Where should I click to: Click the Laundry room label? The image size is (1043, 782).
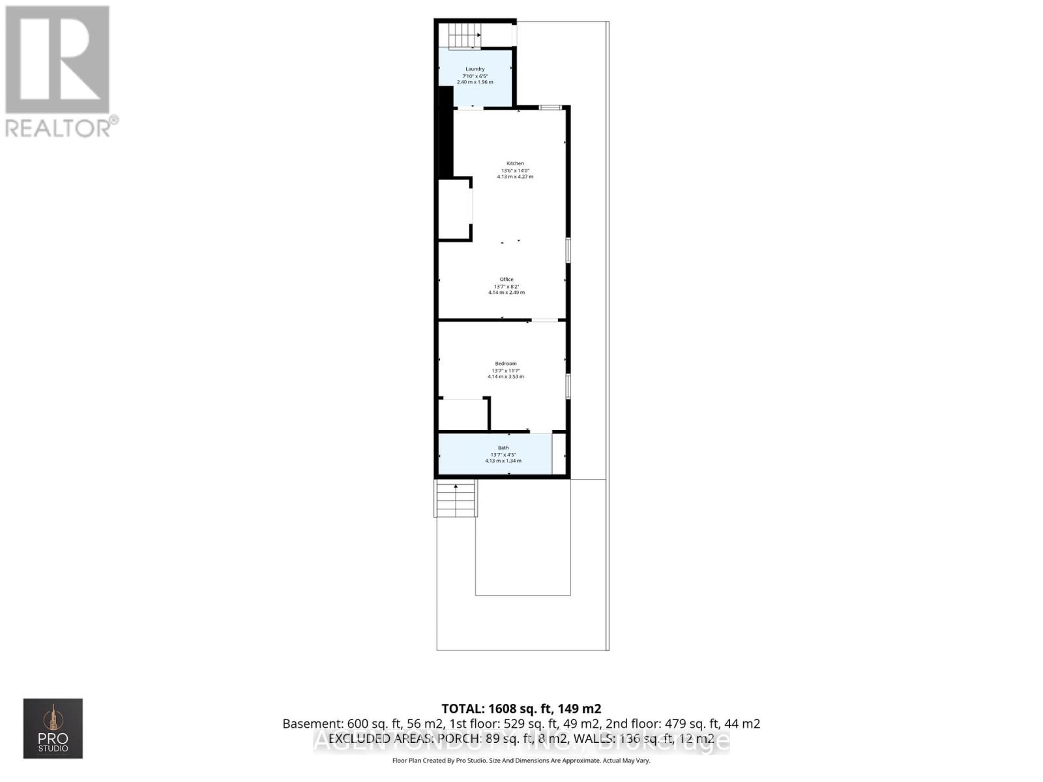pos(475,69)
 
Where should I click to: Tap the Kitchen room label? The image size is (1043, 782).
pos(515,164)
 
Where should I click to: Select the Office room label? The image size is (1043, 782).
pos(507,280)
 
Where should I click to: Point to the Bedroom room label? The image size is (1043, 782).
pos(506,364)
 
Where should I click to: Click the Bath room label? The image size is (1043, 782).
pos(503,448)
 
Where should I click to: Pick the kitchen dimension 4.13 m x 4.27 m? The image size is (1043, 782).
pos(515,177)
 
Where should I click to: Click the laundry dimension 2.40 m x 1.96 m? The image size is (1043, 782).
pos(475,82)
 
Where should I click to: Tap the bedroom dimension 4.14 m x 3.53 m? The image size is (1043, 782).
pos(506,377)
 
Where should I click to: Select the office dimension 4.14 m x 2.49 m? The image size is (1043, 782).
pos(507,293)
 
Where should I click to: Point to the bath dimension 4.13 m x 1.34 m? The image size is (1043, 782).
pos(503,461)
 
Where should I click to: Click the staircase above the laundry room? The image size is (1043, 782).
pos(464,34)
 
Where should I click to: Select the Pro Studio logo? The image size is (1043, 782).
pos(53,728)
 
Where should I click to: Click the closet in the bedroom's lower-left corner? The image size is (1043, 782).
pos(463,414)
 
